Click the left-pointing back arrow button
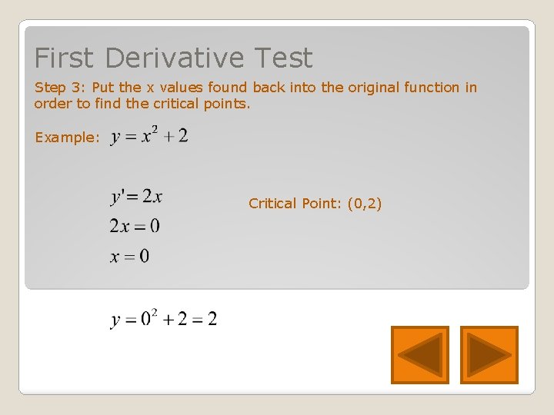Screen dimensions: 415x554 click(419, 354)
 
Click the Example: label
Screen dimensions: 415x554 click(67, 138)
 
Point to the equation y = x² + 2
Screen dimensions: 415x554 click(149, 137)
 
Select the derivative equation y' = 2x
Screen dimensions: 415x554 click(136, 197)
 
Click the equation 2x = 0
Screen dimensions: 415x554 click(135, 226)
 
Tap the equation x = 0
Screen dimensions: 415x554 click(129, 256)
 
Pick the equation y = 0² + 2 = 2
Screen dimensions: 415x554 click(164, 318)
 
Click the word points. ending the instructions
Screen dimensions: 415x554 click(229, 104)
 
